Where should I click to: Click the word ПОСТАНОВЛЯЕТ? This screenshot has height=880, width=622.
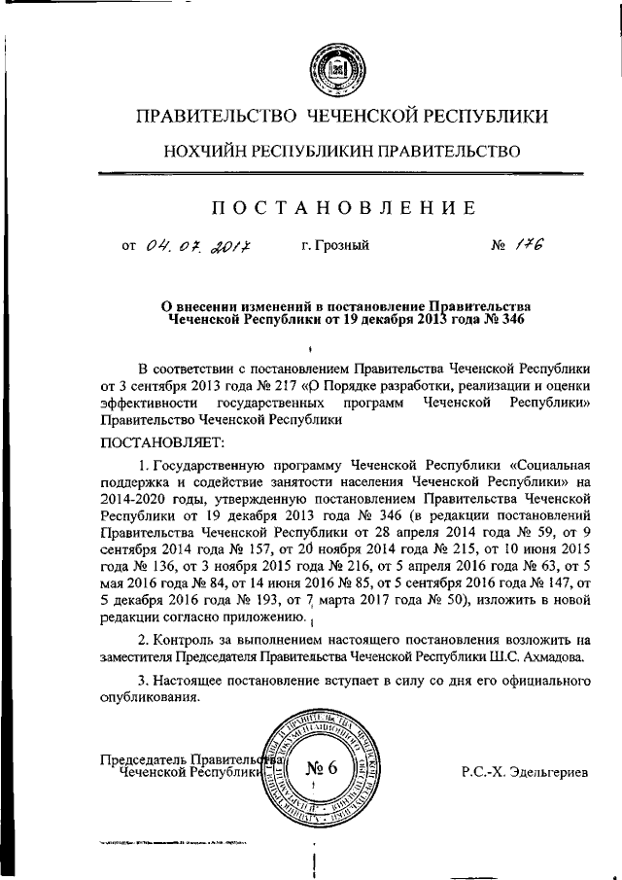click(148, 441)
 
